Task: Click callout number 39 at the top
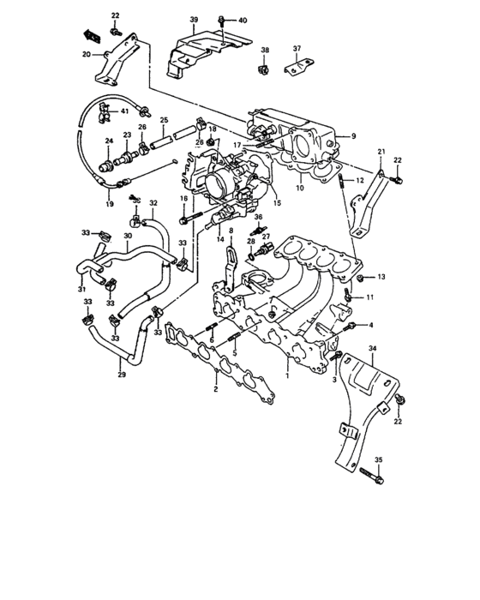194,19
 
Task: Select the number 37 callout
297,48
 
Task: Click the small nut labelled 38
265,69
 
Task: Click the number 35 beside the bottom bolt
379,460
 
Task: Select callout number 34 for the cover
372,348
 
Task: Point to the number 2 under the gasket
215,389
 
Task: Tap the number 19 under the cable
109,204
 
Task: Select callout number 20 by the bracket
87,54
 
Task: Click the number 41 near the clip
124,111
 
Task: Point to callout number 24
108,141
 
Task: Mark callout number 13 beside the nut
381,277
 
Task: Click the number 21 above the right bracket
381,151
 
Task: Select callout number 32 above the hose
153,203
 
